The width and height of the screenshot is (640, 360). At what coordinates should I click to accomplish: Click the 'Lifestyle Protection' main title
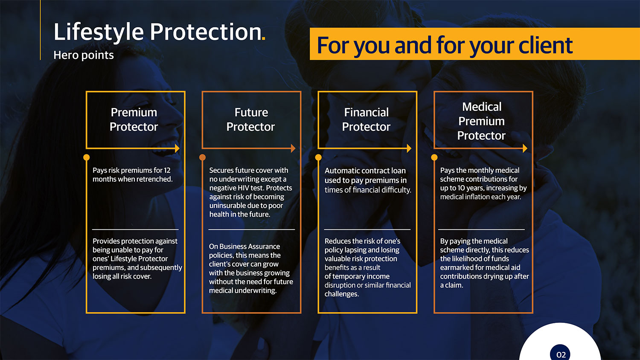(157, 32)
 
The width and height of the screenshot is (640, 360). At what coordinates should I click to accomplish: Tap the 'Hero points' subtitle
(84, 55)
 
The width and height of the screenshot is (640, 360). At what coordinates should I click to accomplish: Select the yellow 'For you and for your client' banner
(474, 44)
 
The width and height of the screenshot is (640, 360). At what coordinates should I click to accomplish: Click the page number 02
(561, 355)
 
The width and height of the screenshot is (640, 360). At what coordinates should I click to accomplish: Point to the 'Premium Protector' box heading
(134, 119)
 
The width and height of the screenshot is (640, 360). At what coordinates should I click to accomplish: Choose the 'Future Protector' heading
(250, 119)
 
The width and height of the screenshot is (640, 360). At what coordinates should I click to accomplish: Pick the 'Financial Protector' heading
(366, 119)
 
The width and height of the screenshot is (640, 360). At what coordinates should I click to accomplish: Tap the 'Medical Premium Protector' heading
(481, 121)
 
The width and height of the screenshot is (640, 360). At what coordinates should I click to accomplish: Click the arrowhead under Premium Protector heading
(177, 148)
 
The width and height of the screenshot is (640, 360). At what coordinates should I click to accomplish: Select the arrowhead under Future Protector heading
(293, 148)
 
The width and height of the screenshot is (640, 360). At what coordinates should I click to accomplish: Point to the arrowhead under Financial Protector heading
(409, 148)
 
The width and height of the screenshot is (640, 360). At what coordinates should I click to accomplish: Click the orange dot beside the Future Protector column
(202, 157)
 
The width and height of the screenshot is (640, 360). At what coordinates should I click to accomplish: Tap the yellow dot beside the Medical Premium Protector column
(434, 157)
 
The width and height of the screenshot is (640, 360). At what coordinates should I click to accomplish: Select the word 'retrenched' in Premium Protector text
(156, 179)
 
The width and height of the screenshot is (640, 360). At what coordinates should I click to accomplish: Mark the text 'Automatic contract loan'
(365, 171)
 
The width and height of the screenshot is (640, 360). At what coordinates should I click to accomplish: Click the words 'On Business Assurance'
(244, 247)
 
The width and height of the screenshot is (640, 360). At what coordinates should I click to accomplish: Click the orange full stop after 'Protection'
(263, 38)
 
